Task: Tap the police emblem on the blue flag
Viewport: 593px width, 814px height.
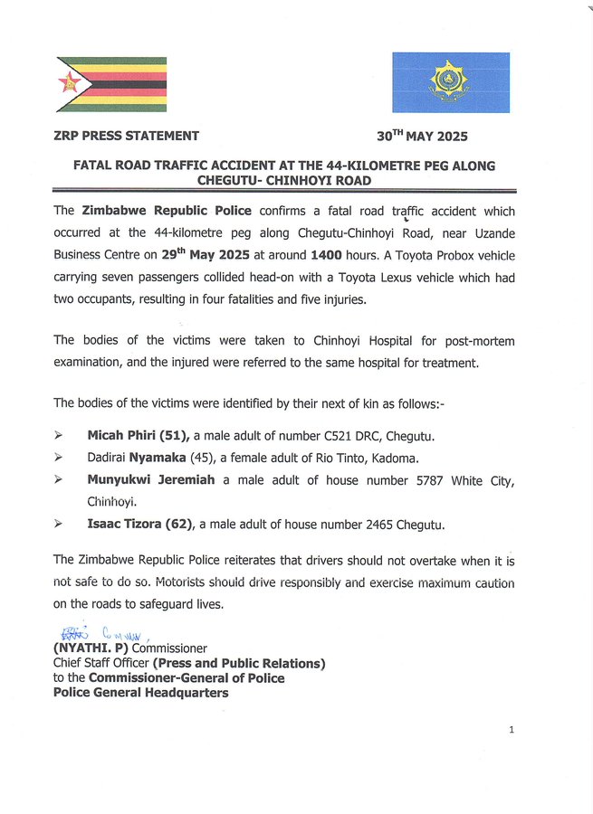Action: (450, 81)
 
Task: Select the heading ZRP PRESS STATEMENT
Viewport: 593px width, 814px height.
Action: (127, 137)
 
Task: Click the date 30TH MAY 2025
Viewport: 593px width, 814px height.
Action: (422, 137)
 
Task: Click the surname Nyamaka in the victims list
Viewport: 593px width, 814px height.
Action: (157, 459)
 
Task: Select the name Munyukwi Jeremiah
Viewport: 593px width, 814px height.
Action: (151, 480)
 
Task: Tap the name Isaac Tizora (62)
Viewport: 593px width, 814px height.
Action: (140, 524)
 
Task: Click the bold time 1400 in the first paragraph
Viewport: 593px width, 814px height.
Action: (326, 255)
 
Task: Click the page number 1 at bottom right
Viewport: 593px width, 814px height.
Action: (512, 730)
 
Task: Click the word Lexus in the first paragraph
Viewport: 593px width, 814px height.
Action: (389, 277)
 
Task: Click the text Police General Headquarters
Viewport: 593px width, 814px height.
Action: (140, 693)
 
